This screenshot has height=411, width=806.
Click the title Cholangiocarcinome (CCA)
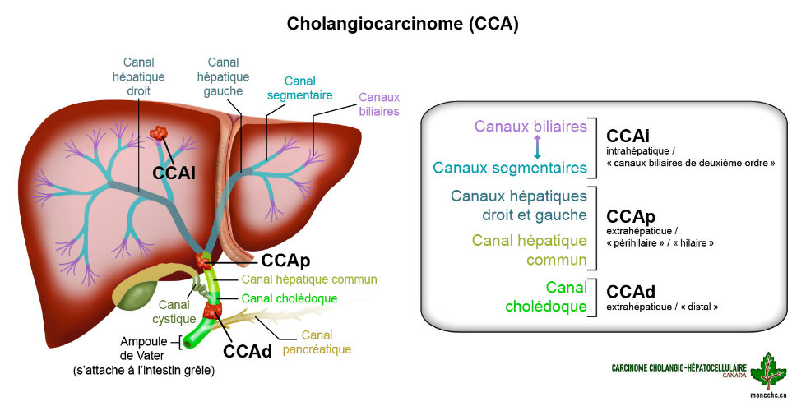(402, 24)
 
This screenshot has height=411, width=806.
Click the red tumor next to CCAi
(158, 134)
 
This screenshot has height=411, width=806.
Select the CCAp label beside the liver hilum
(285, 261)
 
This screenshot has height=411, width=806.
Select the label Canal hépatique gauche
(224, 76)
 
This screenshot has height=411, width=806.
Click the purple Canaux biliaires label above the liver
(378, 104)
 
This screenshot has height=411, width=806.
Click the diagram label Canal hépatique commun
(309, 279)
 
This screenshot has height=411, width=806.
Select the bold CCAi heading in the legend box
(629, 135)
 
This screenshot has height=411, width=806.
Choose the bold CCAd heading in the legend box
(631, 292)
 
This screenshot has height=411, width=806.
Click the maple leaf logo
(768, 371)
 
